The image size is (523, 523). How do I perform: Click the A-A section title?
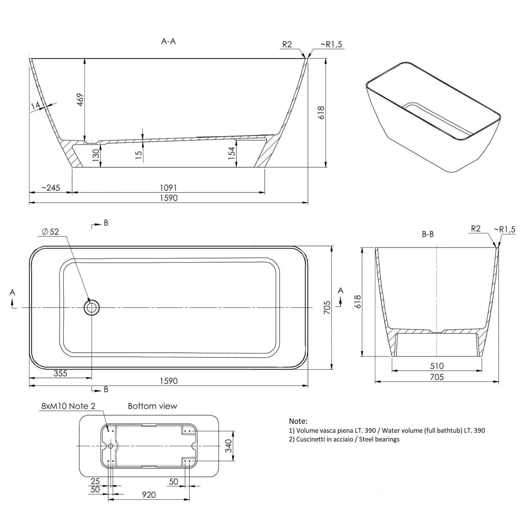click(168, 41)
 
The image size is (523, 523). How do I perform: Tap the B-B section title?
click(428, 234)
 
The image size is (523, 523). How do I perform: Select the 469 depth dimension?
click(80, 100)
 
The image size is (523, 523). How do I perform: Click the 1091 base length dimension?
click(168, 188)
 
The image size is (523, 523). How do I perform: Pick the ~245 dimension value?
click(51, 188)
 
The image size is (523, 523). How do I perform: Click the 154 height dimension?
click(232, 153)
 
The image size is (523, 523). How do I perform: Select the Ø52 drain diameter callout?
click(50, 232)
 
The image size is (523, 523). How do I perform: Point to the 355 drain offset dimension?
click(60, 373)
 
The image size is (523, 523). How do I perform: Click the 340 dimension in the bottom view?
click(229, 446)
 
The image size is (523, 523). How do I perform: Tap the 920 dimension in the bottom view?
click(149, 495)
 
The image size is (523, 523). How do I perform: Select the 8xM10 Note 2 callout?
click(68, 406)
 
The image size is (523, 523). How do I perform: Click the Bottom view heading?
click(152, 406)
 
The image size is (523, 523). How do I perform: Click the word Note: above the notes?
click(298, 421)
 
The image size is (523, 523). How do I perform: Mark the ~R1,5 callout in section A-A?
click(331, 44)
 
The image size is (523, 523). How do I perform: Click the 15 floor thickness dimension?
click(139, 155)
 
